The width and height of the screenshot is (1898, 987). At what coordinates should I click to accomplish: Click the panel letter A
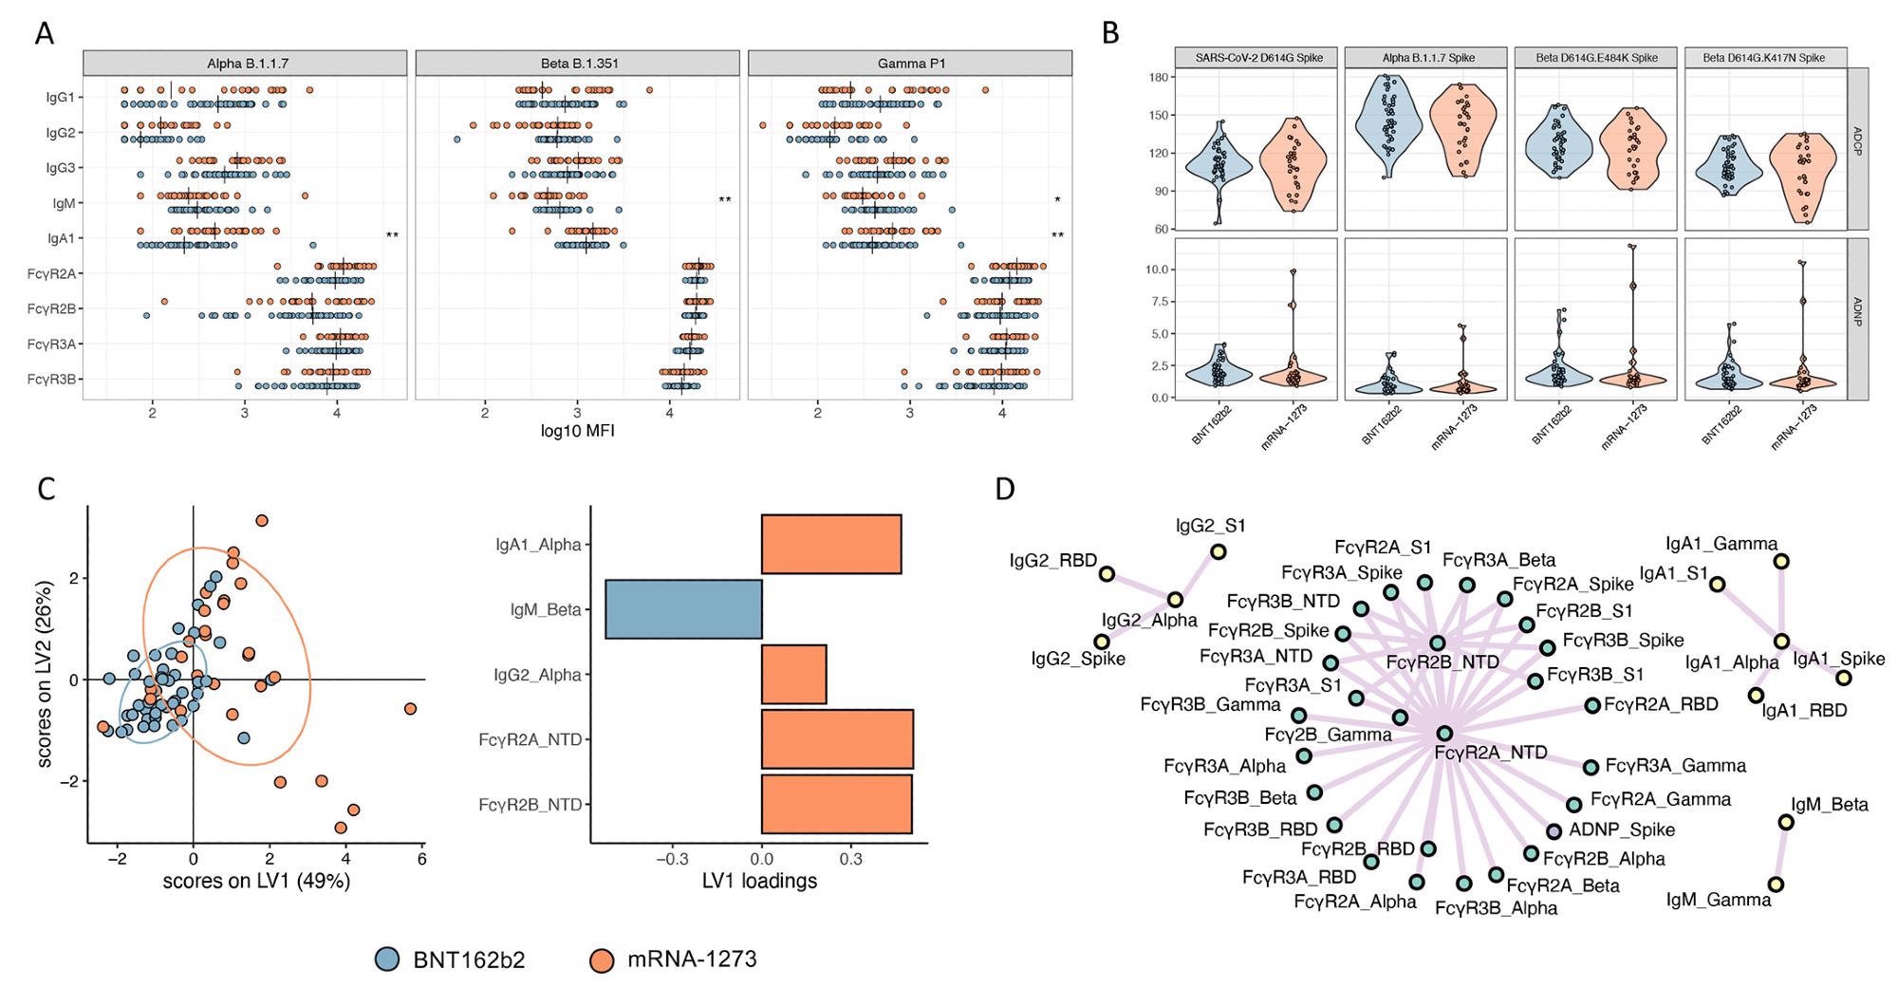tap(44, 33)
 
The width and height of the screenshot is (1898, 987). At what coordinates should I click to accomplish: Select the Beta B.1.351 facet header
tap(577, 64)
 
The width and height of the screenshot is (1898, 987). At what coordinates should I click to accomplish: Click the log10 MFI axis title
tap(577, 431)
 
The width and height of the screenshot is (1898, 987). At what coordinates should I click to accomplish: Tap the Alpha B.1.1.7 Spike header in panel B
tap(1427, 58)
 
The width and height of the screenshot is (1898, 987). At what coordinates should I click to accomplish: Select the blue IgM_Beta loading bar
tap(683, 608)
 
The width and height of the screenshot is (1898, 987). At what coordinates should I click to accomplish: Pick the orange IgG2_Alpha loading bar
tap(793, 674)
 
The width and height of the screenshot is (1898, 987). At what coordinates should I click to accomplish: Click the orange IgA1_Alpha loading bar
tap(831, 544)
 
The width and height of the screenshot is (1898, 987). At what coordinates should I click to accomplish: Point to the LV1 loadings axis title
tap(759, 881)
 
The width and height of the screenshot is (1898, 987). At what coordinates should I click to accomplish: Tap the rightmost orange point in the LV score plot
tap(410, 709)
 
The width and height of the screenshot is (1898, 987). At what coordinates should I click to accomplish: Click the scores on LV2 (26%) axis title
tap(46, 674)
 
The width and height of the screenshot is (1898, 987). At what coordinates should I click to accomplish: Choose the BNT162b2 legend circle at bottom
tap(387, 959)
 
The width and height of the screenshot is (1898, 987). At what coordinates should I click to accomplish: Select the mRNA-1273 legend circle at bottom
tap(602, 959)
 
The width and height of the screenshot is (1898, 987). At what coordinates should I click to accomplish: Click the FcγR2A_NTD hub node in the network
tap(1444, 733)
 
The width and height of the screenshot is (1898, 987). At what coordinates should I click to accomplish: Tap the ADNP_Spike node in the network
tap(1554, 831)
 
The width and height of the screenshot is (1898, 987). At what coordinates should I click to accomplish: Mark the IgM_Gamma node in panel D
tap(1775, 885)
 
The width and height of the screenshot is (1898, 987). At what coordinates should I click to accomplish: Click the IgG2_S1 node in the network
tap(1218, 551)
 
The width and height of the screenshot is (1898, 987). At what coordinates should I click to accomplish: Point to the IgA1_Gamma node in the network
tap(1781, 561)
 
